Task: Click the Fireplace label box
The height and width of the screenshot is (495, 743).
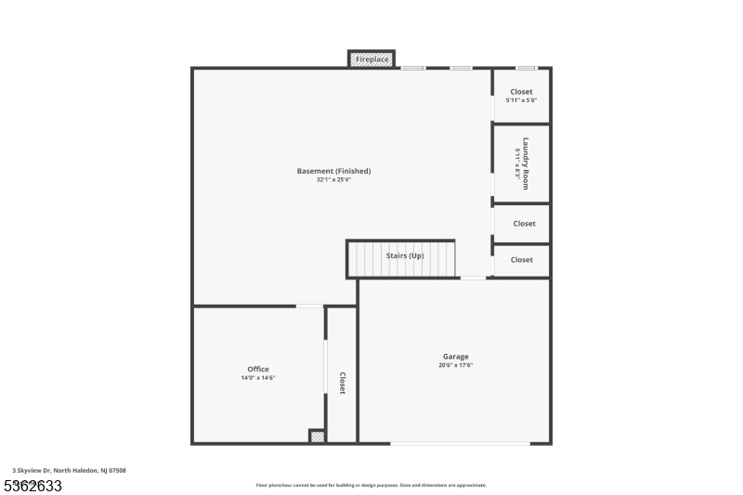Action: pyautogui.click(x=371, y=59)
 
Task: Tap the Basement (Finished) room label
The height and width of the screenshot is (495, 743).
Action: pyautogui.click(x=333, y=171)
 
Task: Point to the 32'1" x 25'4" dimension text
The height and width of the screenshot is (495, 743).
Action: pyautogui.click(x=333, y=179)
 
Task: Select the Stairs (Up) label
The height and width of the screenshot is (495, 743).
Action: pyautogui.click(x=405, y=255)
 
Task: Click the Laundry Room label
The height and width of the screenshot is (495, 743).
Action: pyautogui.click(x=525, y=163)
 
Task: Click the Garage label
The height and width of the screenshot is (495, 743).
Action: pyautogui.click(x=455, y=357)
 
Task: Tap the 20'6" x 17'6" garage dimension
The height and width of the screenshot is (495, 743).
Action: pyautogui.click(x=455, y=365)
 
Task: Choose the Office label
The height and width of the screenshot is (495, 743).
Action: pyautogui.click(x=258, y=370)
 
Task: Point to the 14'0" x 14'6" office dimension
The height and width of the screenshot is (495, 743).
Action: pyautogui.click(x=258, y=378)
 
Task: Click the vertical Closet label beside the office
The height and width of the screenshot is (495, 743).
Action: pyautogui.click(x=342, y=383)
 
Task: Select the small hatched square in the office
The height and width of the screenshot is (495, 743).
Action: pyautogui.click(x=317, y=436)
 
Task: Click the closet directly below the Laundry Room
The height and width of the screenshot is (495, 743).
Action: pyautogui.click(x=524, y=223)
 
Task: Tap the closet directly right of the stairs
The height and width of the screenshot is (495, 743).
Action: pyautogui.click(x=522, y=260)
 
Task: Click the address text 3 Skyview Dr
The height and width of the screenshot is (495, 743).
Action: pyautogui.click(x=70, y=471)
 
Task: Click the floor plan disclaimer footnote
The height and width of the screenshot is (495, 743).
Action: pyautogui.click(x=371, y=485)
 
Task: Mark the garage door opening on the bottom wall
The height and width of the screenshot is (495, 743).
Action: pyautogui.click(x=460, y=444)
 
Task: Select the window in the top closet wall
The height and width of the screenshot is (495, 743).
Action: pyautogui.click(x=526, y=68)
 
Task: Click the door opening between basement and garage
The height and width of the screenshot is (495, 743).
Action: pyautogui.click(x=473, y=278)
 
